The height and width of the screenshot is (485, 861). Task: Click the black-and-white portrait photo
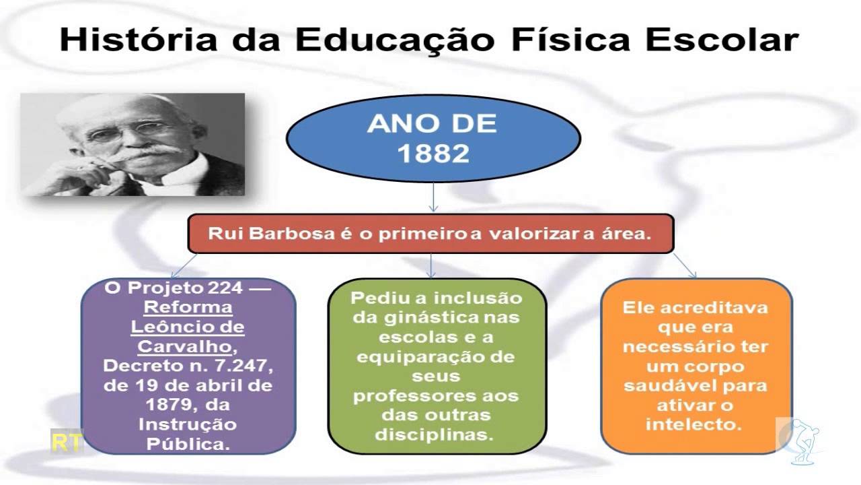[x=133, y=144]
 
